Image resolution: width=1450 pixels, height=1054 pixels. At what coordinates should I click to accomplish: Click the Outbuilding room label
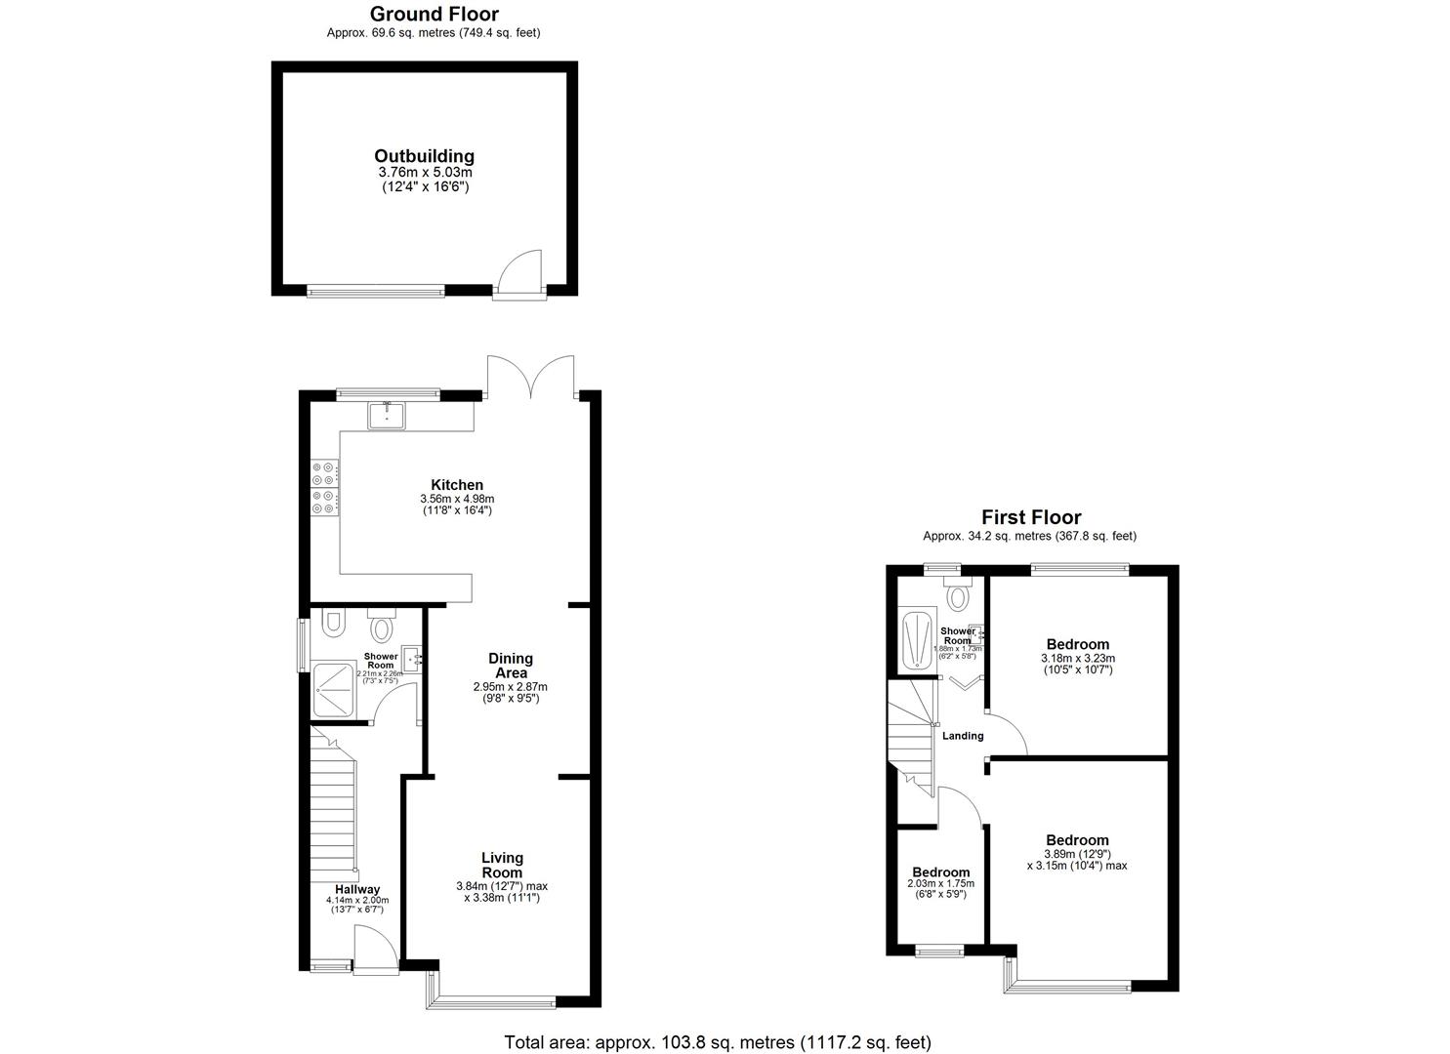pyautogui.click(x=424, y=156)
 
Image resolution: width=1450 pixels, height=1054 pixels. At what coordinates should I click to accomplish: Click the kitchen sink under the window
pyautogui.click(x=387, y=416)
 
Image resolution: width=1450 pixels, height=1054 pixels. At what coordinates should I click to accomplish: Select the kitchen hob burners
pyautogui.click(x=324, y=488)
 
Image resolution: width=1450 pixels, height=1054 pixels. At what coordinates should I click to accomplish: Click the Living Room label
pyautogui.click(x=502, y=865)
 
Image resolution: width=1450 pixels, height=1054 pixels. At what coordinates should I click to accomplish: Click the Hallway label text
pyautogui.click(x=357, y=889)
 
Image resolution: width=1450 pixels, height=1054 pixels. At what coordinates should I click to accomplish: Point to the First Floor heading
pyautogui.click(x=1031, y=517)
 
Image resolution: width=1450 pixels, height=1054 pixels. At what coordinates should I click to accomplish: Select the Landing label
pyautogui.click(x=962, y=736)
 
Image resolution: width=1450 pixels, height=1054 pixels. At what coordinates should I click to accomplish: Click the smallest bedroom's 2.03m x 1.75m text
pyautogui.click(x=941, y=884)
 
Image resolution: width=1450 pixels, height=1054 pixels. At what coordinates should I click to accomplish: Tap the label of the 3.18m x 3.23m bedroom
pyautogui.click(x=1077, y=644)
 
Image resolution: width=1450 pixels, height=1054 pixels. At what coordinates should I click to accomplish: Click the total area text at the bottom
pyautogui.click(x=717, y=1042)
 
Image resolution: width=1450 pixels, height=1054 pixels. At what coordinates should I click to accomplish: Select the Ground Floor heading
pyautogui.click(x=434, y=14)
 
